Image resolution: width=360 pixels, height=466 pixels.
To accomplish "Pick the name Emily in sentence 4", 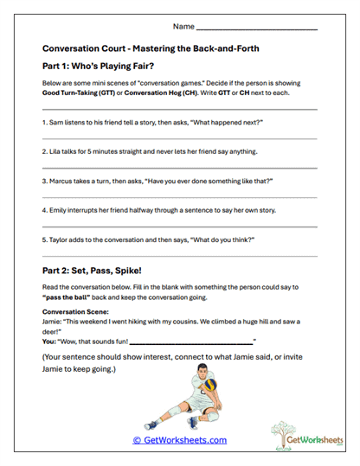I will [59, 210].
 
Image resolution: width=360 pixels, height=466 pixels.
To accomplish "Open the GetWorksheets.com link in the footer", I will [179, 440].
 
